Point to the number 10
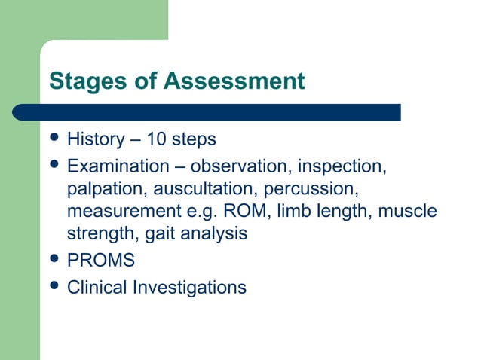click(x=158, y=139)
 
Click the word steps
click(x=194, y=139)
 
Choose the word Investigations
click(x=190, y=288)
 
